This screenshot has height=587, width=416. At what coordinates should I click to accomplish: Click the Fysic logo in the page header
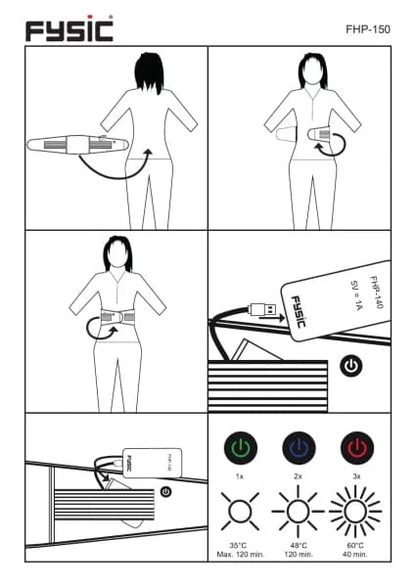[x=69, y=28]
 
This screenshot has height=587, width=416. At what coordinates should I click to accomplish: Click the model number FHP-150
[x=368, y=29]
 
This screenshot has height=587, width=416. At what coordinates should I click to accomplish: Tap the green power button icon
[x=241, y=448]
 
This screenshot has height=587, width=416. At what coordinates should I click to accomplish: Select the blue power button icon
[x=299, y=448]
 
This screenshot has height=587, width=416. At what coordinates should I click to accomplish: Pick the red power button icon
[x=357, y=448]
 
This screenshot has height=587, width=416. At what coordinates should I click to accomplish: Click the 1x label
[x=240, y=476]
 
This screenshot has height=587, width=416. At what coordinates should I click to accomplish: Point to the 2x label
[x=299, y=476]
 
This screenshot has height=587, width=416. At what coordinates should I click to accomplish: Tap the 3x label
[x=356, y=476]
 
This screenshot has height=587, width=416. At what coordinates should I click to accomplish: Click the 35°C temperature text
[x=238, y=546]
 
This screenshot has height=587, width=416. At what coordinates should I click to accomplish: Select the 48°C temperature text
[x=299, y=546]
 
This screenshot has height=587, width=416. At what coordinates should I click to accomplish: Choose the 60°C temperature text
[x=355, y=546]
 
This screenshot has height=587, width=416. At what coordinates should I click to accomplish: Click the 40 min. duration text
[x=355, y=554]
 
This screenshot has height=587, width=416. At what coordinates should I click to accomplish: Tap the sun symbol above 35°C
[x=240, y=511]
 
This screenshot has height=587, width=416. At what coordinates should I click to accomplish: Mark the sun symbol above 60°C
[x=355, y=511]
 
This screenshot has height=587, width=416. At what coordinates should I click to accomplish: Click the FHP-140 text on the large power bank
[x=377, y=293]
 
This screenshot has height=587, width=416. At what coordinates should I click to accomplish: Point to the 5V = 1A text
[x=355, y=295]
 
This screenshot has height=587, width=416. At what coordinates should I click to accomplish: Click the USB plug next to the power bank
[x=262, y=310]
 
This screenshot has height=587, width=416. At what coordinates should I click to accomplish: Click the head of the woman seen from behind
[x=149, y=72]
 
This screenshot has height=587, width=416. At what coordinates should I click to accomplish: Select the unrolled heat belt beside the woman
[x=78, y=144]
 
